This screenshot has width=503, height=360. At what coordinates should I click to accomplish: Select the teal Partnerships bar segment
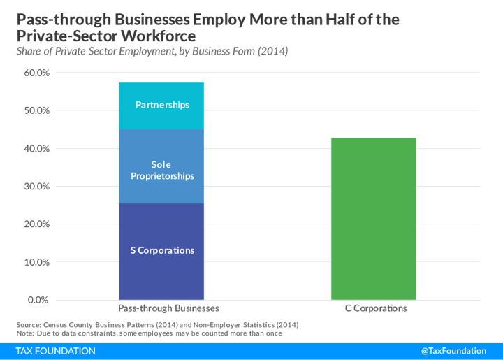[x=161, y=106]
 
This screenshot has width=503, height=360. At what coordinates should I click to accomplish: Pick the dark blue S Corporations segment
[x=161, y=251]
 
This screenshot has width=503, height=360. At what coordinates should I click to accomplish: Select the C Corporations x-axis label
[x=375, y=308]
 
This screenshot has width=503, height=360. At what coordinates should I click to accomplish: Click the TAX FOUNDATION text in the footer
[x=56, y=351]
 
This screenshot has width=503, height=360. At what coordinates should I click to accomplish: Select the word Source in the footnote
[x=28, y=325]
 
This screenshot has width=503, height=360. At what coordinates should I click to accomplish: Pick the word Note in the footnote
[x=26, y=333]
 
